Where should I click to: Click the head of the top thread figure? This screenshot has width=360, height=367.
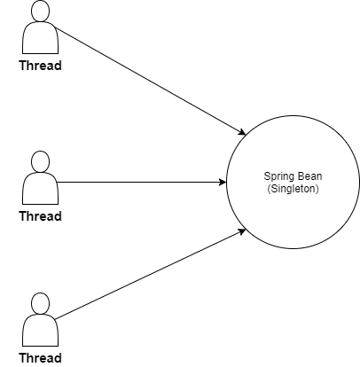pos(40,11)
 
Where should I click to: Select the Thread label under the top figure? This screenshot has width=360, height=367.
pos(41,66)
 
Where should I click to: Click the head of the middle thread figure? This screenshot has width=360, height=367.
pos(40,161)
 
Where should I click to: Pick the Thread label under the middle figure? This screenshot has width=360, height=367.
pos(41,216)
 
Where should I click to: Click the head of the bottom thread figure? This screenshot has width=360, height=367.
pos(40,303)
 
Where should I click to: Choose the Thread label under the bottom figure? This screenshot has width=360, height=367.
pos(41,358)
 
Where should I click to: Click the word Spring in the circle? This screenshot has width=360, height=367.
pos(277,176)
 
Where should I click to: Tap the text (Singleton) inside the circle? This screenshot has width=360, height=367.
pos(293,189)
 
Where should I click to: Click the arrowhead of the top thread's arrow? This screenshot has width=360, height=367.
pos(242,132)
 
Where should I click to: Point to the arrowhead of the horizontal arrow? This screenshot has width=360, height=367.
pos(223,182)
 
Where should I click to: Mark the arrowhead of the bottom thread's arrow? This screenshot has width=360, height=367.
pos(242,231)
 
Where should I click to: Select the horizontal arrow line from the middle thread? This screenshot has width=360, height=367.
pos(141,182)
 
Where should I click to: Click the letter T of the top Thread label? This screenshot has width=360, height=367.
pos(23,66)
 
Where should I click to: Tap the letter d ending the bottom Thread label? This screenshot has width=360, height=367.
pos(58,358)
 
